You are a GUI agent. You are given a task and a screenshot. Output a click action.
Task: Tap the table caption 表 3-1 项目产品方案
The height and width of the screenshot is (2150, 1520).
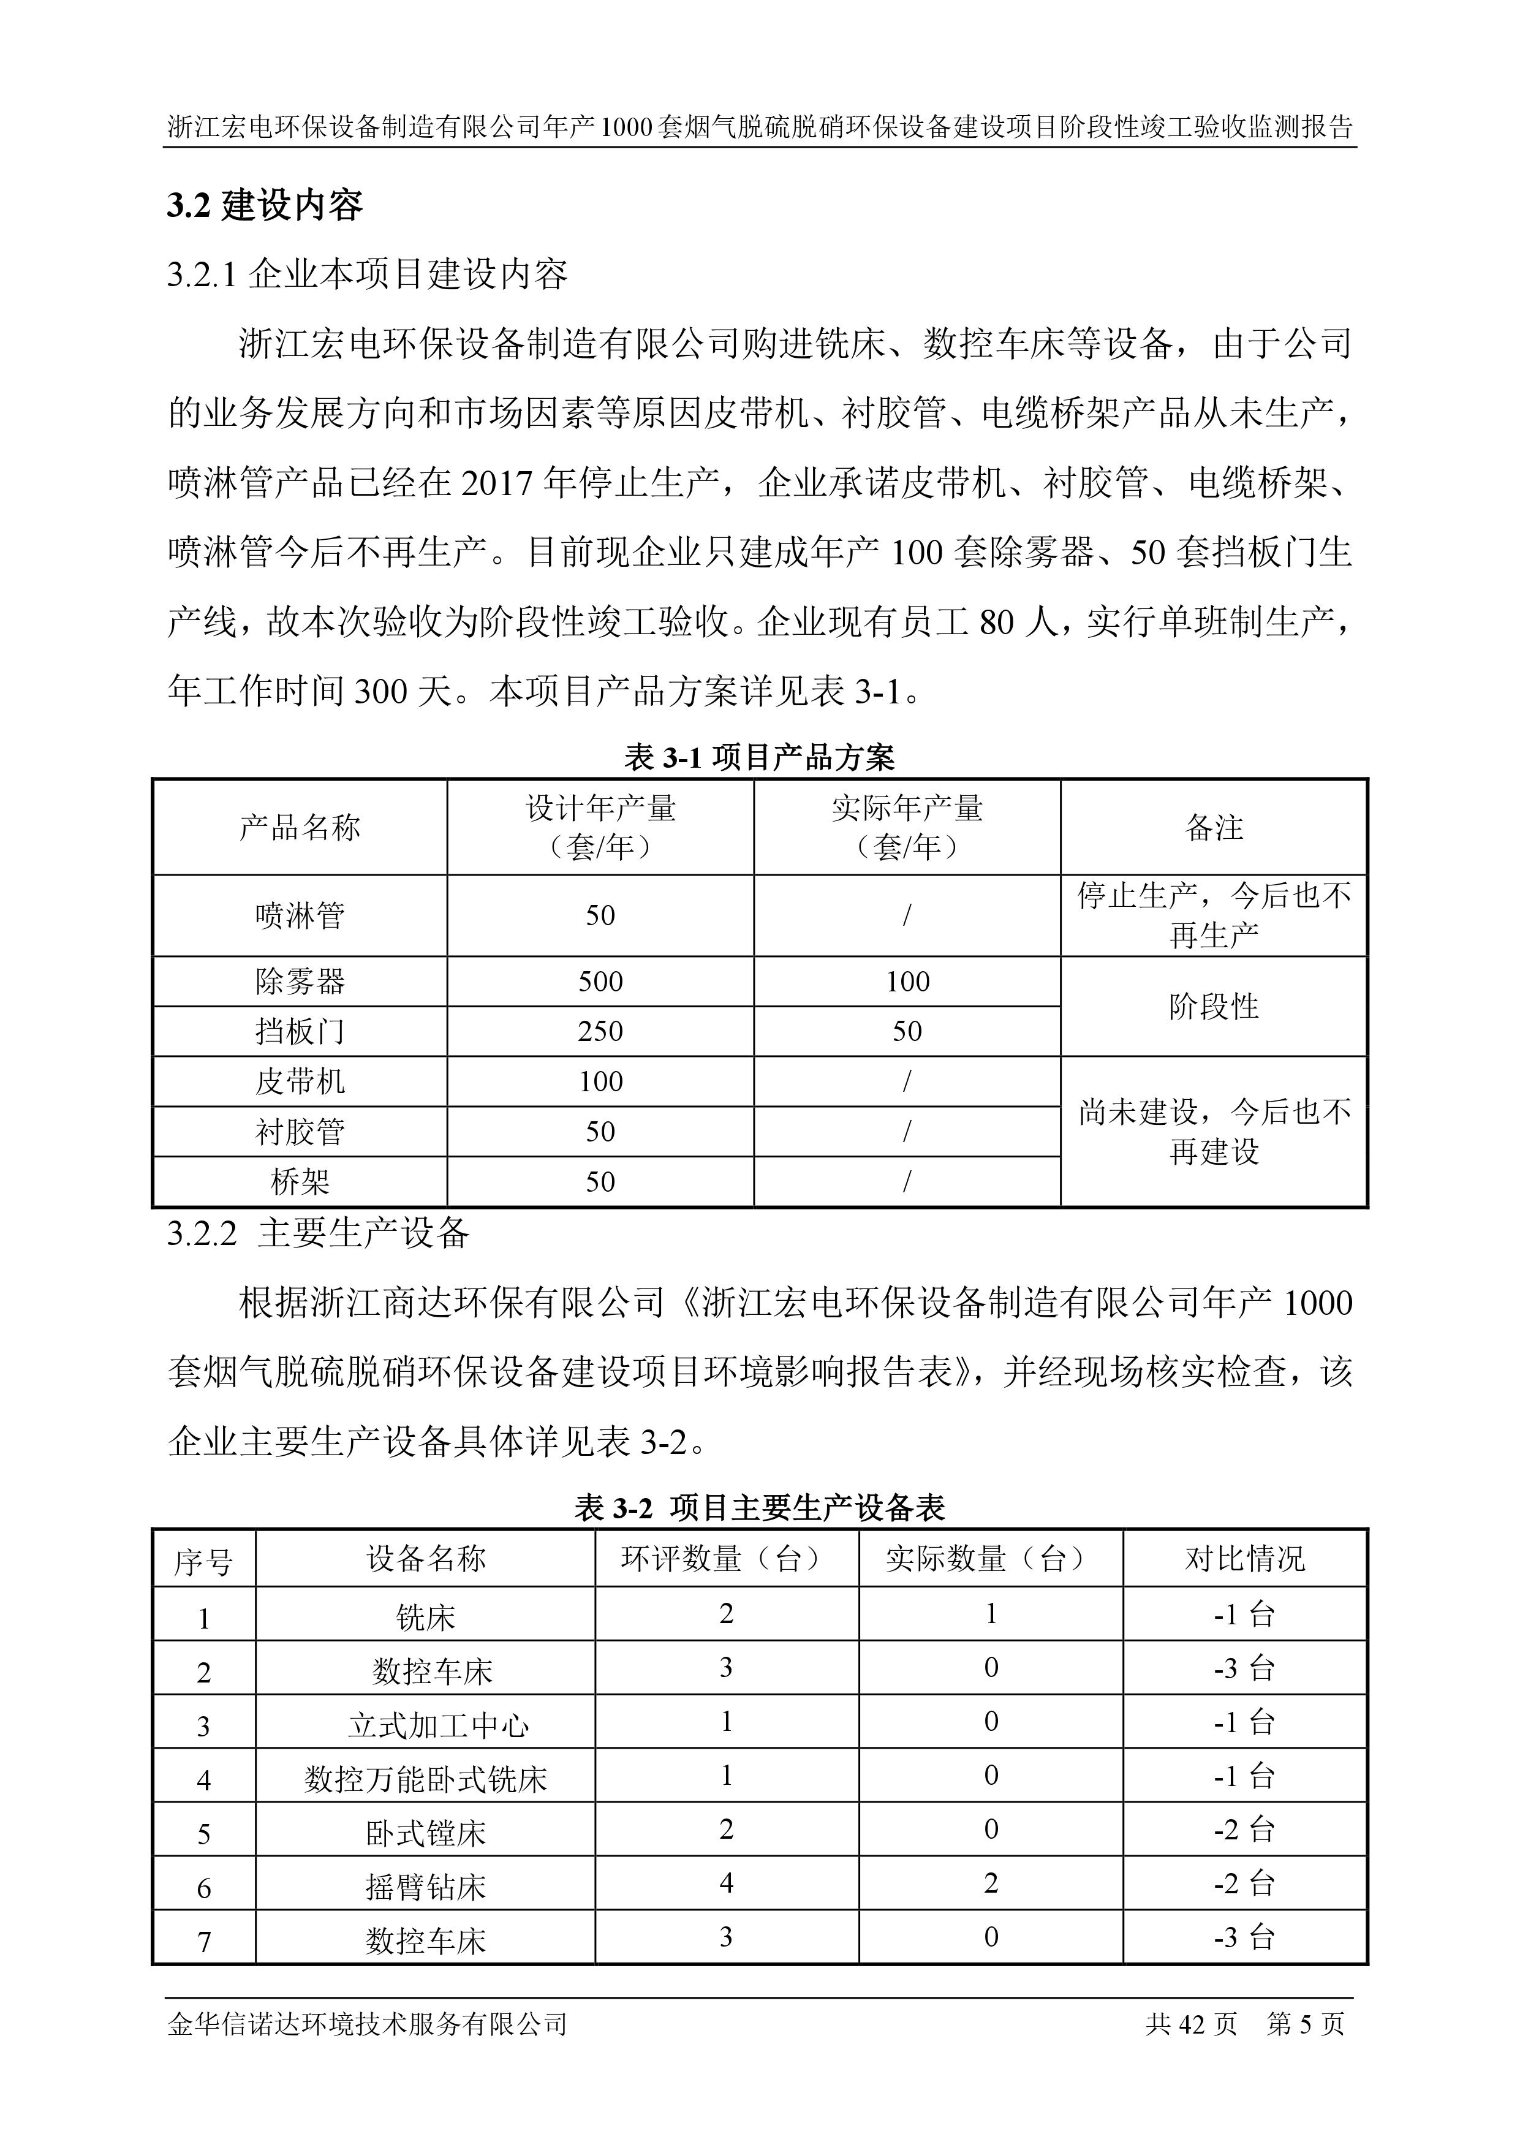758,757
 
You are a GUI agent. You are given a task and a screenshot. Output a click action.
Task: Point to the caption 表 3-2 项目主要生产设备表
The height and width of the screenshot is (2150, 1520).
758,1508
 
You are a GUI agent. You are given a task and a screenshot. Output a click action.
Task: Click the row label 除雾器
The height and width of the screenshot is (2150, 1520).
300,982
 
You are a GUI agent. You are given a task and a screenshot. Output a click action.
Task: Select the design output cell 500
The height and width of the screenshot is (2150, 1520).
600,982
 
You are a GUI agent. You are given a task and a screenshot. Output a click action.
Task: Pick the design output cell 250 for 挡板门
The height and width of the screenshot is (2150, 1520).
600,1031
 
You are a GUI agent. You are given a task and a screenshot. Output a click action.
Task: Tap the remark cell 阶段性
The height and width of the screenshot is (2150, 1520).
1214,1007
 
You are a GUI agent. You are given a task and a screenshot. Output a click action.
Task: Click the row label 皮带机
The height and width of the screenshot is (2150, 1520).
300,1081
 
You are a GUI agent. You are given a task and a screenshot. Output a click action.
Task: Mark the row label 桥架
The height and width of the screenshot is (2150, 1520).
300,1182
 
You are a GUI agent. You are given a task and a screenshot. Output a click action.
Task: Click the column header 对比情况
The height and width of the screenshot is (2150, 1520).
1245,1559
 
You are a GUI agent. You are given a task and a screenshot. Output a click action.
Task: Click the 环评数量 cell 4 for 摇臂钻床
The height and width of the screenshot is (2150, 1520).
726,1883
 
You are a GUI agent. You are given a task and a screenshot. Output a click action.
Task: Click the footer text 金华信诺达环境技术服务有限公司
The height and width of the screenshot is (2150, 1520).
367,2024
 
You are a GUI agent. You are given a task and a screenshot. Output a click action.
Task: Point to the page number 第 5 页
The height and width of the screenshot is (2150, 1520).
1306,2024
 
